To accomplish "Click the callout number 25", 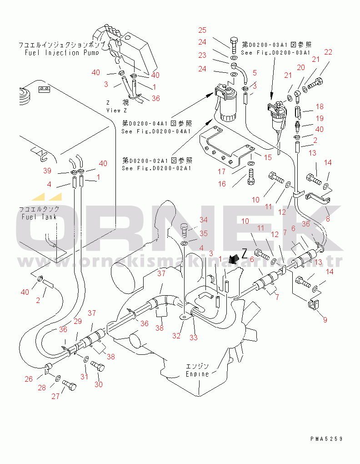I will [202, 30].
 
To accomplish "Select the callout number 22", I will [328, 52].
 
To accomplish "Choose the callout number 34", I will [203, 220].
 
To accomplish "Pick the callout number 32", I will [176, 336].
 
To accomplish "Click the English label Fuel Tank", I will [39, 217].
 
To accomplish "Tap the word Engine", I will [197, 374].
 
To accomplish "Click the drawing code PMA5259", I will [326, 439].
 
